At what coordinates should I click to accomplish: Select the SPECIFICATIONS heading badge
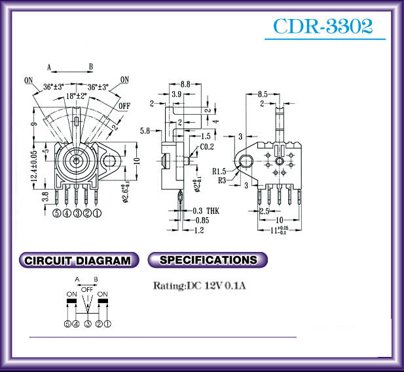(x=208, y=260)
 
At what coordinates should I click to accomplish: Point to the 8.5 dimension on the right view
(x=262, y=94)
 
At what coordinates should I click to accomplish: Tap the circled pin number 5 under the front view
(x=58, y=213)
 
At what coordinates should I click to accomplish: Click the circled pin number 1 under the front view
(x=97, y=213)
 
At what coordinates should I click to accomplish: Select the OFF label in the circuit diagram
(x=87, y=289)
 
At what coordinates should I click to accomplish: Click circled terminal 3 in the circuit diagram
(x=87, y=323)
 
